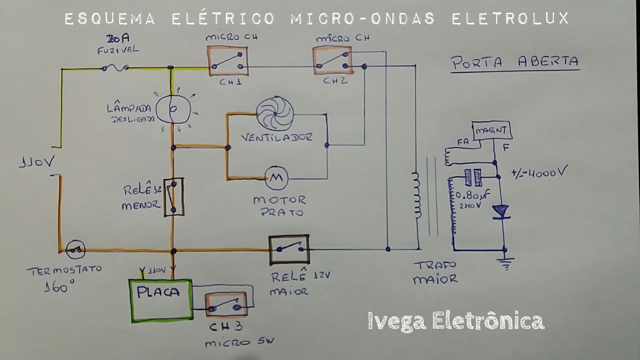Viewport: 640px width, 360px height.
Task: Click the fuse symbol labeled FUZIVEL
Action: tap(115, 68)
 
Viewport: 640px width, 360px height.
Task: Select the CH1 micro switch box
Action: tap(228, 61)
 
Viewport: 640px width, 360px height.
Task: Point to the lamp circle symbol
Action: tap(173, 109)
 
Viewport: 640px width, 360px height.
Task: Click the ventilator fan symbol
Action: tap(275, 114)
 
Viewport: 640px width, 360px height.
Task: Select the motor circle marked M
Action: tap(276, 178)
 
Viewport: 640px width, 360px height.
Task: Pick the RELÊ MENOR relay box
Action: tap(174, 198)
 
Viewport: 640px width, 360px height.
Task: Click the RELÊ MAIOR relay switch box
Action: tap(289, 249)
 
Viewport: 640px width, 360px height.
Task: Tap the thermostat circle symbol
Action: tap(76, 250)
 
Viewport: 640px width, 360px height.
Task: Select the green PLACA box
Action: tap(161, 300)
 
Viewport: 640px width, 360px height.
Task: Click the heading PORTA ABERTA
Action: tap(515, 62)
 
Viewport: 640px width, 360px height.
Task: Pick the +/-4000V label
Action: tap(539, 172)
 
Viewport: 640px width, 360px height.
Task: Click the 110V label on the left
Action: tap(37, 162)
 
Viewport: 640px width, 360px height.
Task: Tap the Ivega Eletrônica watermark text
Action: tap(456, 321)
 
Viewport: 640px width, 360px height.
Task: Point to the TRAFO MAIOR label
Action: tap(435, 272)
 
